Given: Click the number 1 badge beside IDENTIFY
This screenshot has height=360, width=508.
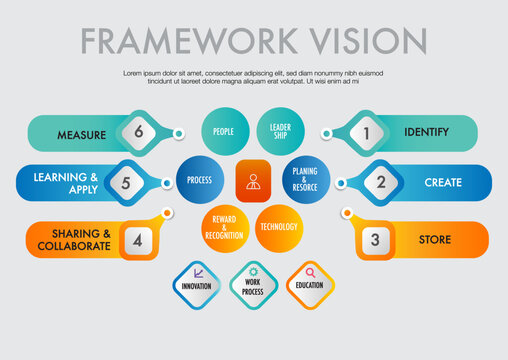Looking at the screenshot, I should pyautogui.click(x=366, y=132).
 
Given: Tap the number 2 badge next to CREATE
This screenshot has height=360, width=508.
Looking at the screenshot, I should pyautogui.click(x=381, y=183).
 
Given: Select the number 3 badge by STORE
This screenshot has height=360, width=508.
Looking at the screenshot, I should pyautogui.click(x=375, y=240).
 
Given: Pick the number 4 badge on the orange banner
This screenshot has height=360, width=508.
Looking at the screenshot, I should pyautogui.click(x=137, y=240).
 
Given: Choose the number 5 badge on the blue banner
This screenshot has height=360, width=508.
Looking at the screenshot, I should pyautogui.click(x=126, y=183).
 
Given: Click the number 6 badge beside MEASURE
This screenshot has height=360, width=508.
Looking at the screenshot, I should pyautogui.click(x=138, y=132).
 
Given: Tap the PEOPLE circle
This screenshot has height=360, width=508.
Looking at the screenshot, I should pyautogui.click(x=225, y=131).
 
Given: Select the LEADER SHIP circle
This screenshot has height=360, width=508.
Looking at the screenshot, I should pyautogui.click(x=281, y=131).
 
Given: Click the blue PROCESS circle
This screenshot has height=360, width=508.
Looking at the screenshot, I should pyautogui.click(x=199, y=181).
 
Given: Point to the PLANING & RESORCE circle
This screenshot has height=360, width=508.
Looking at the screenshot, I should pyautogui.click(x=305, y=180).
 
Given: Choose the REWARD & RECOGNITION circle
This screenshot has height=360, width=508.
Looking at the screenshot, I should pyautogui.click(x=224, y=228).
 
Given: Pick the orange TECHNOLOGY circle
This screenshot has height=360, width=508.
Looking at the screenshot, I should pyautogui.click(x=279, y=227).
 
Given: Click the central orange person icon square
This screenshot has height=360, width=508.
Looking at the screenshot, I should pyautogui.click(x=253, y=181).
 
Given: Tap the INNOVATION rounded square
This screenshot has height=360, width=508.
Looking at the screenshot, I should pyautogui.click(x=197, y=285).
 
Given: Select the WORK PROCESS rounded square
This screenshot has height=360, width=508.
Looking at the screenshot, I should pyautogui.click(x=253, y=285).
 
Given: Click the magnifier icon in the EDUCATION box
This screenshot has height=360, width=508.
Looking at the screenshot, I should pyautogui.click(x=310, y=272).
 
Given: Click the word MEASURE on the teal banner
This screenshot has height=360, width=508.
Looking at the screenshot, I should pyautogui.click(x=81, y=133).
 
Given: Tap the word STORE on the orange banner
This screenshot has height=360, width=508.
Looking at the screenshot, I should pyautogui.click(x=434, y=240).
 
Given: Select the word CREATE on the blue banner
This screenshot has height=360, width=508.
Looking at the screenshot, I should pyautogui.click(x=443, y=183).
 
